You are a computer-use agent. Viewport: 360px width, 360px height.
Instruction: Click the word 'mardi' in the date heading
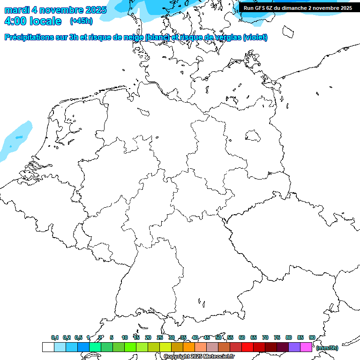16,10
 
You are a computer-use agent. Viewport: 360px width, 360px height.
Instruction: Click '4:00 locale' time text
33,21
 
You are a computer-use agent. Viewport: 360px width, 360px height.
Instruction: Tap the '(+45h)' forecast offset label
81,21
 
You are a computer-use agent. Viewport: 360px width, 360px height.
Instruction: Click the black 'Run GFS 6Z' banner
298,7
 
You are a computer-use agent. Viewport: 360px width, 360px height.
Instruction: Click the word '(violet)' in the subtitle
255,37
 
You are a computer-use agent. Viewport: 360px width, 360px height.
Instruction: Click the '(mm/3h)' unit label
327,348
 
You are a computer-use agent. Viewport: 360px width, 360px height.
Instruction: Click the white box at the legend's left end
48,347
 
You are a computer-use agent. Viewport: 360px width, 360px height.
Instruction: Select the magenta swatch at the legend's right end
306,347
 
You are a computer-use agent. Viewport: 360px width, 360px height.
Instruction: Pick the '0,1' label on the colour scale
55,338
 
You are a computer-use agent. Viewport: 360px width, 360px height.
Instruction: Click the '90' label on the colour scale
312,338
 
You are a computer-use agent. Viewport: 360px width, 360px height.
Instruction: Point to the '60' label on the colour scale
242,338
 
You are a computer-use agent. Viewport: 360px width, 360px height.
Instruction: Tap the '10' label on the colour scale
125,338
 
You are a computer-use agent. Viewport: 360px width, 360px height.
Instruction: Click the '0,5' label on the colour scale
78,338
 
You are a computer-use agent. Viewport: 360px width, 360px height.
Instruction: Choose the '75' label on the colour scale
277,338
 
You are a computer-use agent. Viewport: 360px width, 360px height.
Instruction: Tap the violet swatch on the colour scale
294,347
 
